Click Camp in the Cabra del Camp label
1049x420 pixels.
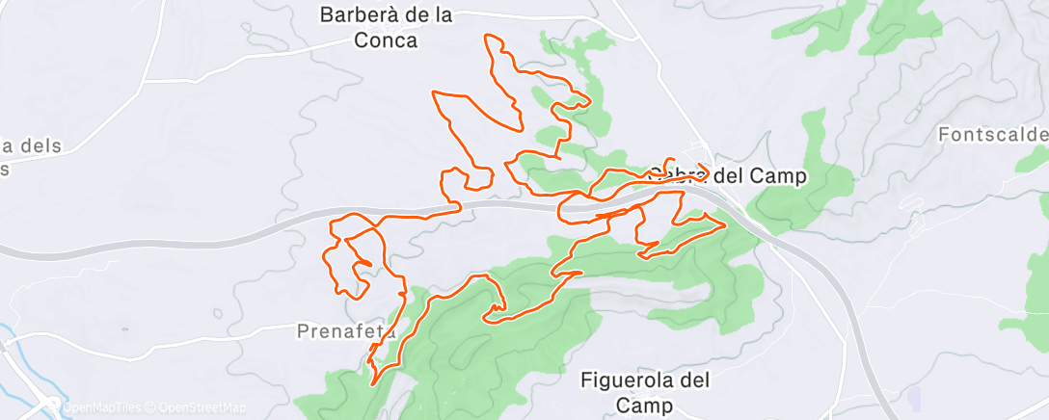pyautogui.click(x=781, y=176)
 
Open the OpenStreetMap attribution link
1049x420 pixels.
pyautogui.click(x=201, y=407)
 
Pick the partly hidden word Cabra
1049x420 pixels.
pyautogui.click(x=675, y=176)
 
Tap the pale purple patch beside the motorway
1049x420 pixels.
pyautogui.click(x=913, y=395)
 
